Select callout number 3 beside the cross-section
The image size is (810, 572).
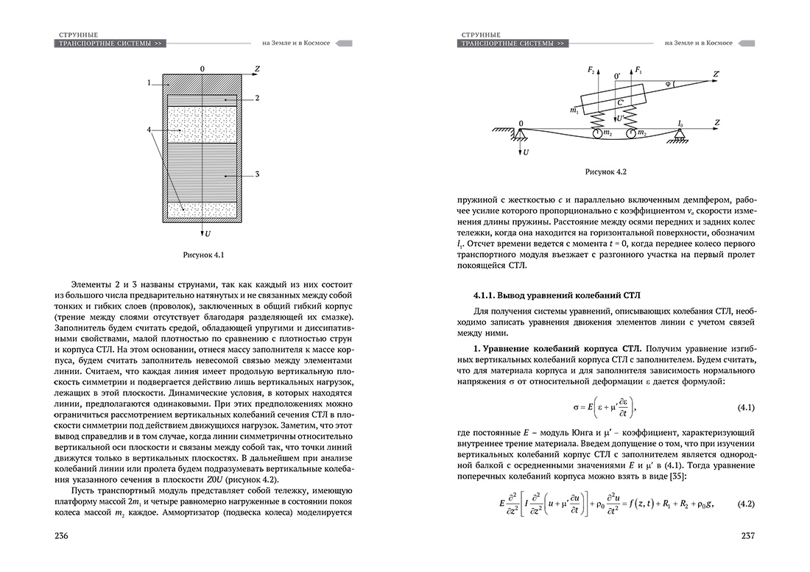click(x=257, y=174)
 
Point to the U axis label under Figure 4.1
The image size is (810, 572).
click(x=208, y=234)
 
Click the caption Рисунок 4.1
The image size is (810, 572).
click(x=202, y=255)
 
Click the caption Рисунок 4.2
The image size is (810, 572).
click(x=605, y=172)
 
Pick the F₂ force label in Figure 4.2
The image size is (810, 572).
click(x=591, y=69)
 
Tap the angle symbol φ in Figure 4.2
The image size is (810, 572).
click(x=667, y=83)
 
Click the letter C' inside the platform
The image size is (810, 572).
click(x=621, y=102)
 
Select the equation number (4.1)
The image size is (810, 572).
click(x=748, y=408)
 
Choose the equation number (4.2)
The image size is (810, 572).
click(x=748, y=504)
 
